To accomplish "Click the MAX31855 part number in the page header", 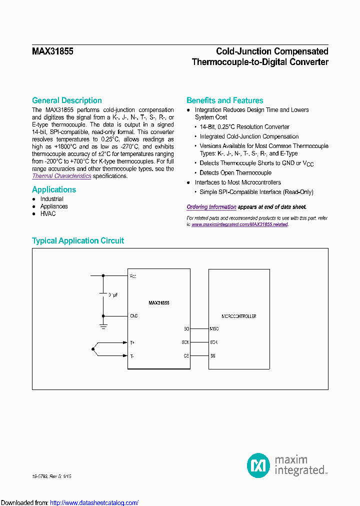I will point(52,51).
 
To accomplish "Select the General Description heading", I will point(66,100).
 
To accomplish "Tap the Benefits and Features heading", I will point(224,100).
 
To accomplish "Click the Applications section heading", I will point(54,189).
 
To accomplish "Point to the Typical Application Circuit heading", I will point(78,240).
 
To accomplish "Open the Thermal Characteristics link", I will point(61,176).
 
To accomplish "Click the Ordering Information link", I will point(211,207).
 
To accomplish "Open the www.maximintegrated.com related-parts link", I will point(239,224).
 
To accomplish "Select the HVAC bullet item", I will point(48,213).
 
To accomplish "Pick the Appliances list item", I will point(54,206).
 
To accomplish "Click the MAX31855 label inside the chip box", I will point(158,303).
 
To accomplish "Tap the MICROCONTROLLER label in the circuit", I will point(238,316).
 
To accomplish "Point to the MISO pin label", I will point(214,329).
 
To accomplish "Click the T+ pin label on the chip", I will point(132,342).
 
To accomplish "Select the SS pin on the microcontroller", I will point(213,355).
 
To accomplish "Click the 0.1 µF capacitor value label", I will point(113,295).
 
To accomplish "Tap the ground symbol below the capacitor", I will point(103,326).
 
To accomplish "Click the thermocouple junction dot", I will point(92,349).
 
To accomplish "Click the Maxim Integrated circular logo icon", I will point(258,465).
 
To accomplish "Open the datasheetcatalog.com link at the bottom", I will point(94,502).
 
